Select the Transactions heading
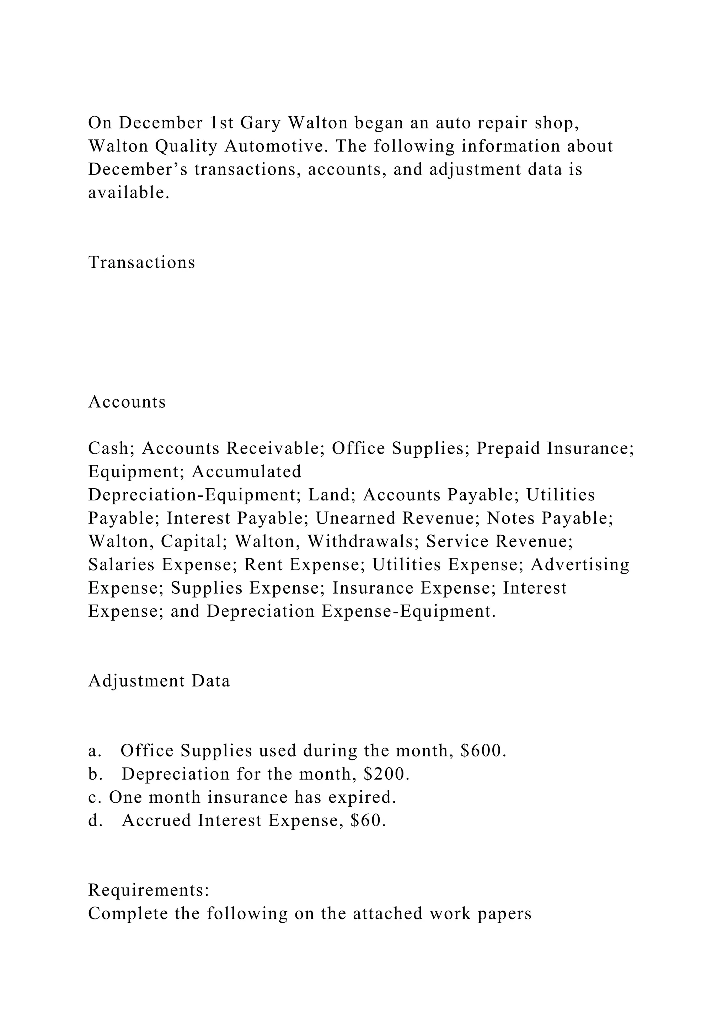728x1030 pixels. (x=142, y=262)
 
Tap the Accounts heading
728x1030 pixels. (x=127, y=402)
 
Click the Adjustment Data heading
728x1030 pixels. (x=159, y=681)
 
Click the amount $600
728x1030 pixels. (x=483, y=750)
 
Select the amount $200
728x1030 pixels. (x=386, y=774)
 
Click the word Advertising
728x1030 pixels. (x=580, y=565)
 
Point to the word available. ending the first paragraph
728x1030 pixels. (x=129, y=193)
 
